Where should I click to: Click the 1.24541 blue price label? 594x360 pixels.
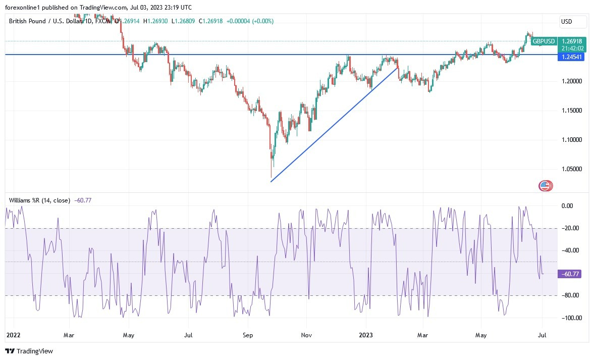coord(571,57)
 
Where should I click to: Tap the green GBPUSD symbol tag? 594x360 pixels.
coord(544,41)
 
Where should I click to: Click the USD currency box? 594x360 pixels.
coord(573,22)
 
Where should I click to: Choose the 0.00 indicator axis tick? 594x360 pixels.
coord(567,206)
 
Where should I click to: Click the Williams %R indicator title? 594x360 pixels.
coord(39,200)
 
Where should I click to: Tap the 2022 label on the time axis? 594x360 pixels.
coord(13,334)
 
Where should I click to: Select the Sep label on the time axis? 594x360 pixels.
coord(247,334)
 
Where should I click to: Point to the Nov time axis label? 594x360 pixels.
coord(305,334)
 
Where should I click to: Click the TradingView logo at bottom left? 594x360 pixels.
coord(29,351)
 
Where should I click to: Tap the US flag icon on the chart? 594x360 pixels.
coord(545,186)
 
